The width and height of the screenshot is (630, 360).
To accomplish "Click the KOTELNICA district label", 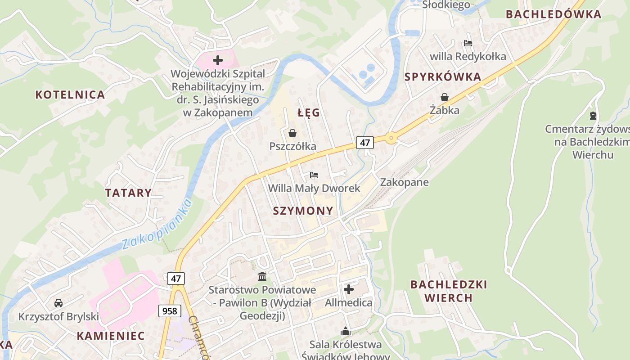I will point(70,94).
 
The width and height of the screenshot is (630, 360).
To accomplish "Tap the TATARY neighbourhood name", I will point(128,193).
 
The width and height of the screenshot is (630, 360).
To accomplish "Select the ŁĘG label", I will point(309,112).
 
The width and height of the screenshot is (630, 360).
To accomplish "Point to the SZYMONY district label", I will point(303,211).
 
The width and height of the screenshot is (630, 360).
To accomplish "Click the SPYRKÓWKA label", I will point(443,77).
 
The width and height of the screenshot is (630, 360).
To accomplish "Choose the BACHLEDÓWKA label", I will point(553,14).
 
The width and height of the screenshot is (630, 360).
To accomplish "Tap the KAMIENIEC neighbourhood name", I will point(111,336).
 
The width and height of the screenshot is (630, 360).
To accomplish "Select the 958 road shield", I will point(170,310).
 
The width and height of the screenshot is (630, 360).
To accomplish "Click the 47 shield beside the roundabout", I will point(364,143).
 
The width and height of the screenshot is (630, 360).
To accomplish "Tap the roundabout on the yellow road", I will point(391,138).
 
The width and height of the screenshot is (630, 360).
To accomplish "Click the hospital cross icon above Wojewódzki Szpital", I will point(218,60).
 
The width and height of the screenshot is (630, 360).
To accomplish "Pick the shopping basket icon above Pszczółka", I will point(292,133).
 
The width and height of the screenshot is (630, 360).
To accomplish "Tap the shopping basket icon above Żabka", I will point(445,97).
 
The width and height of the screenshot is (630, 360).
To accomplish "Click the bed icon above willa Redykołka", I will point(468,44).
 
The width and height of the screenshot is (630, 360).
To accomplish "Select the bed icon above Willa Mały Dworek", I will point(314,175).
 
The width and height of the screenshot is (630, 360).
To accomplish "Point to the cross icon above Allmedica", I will point(349,289).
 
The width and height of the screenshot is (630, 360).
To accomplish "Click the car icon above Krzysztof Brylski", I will point(58,303).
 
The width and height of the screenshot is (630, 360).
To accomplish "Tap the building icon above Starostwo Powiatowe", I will point(262,276).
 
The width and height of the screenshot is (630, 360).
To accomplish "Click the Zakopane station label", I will point(404,182).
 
